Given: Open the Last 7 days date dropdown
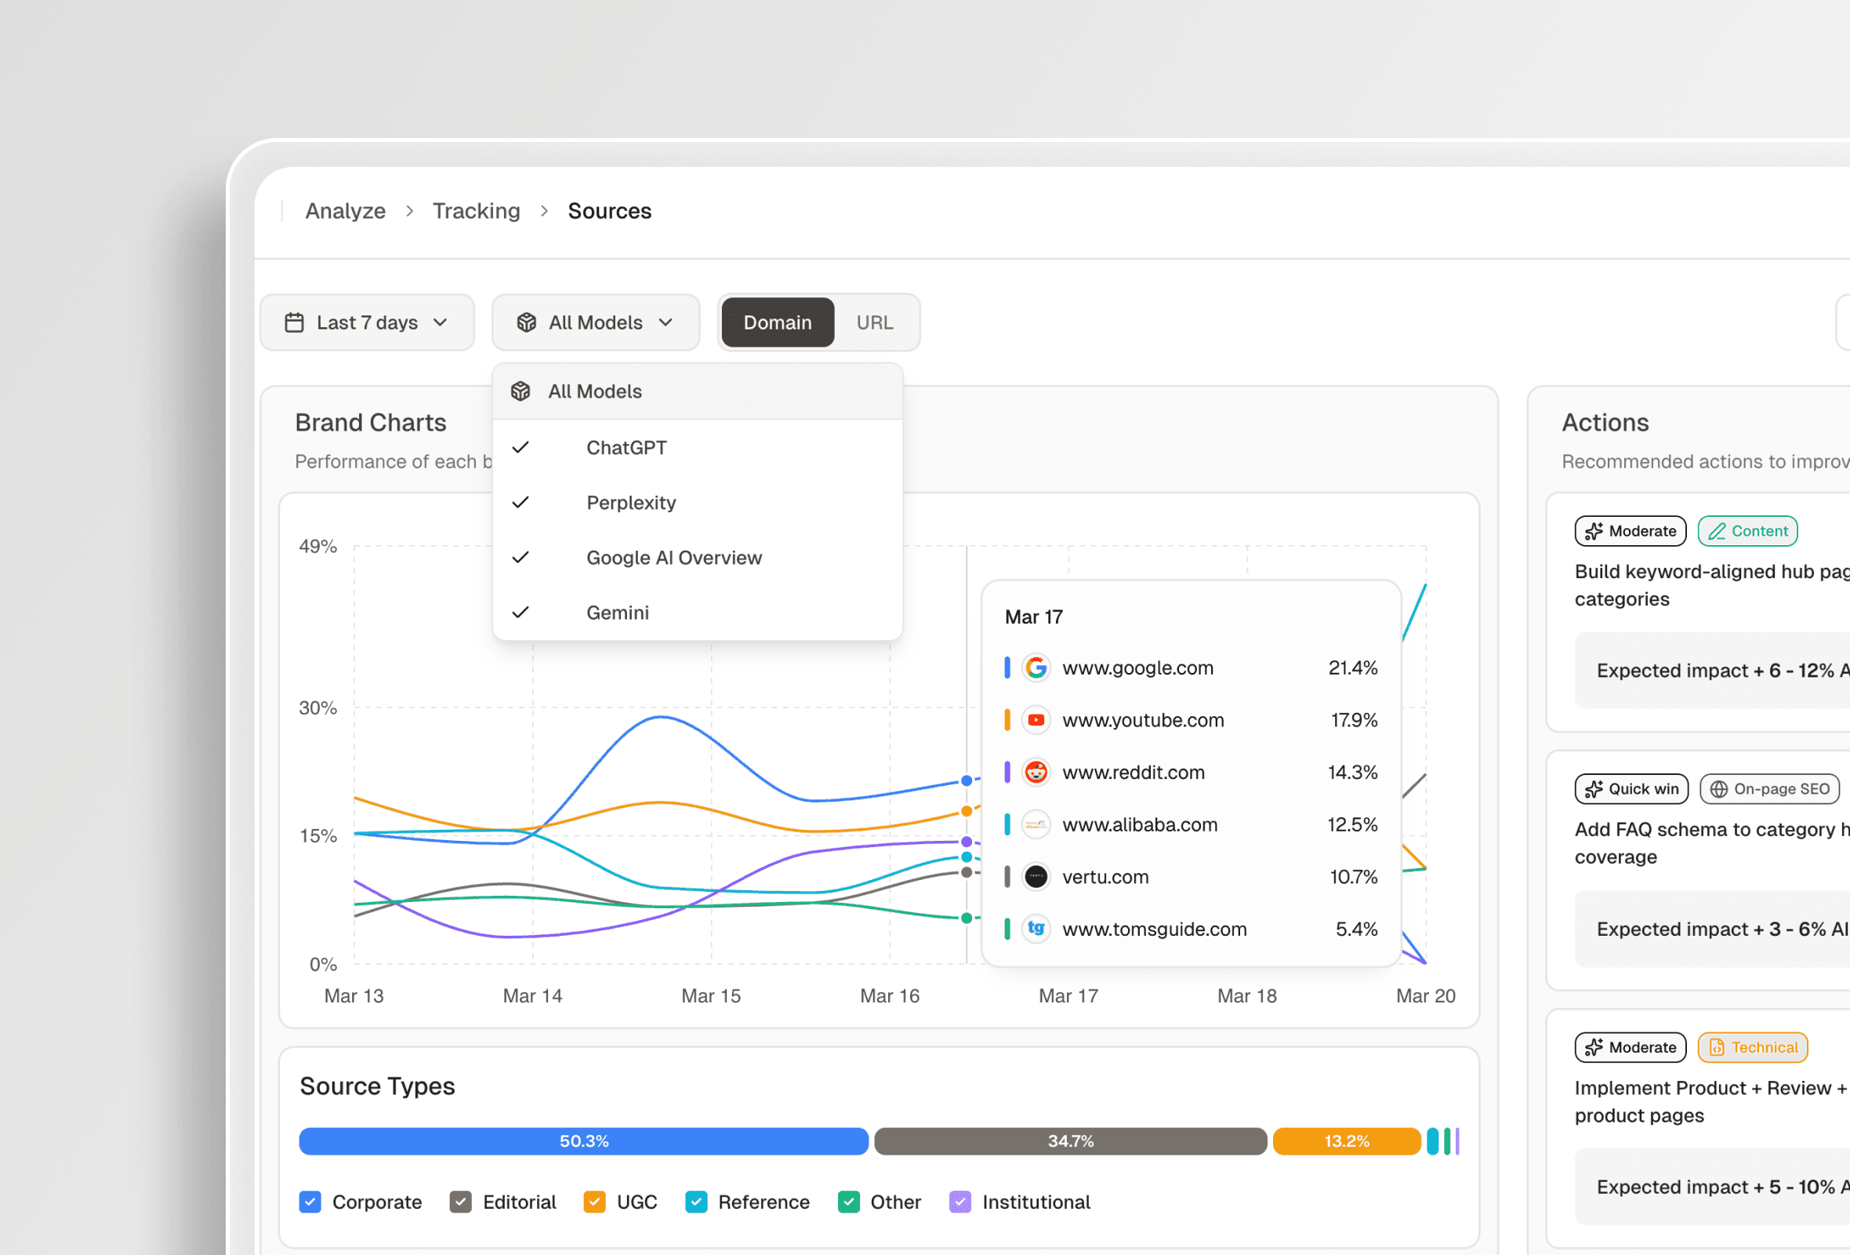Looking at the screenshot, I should pos(367,322).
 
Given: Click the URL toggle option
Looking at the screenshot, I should pos(874,322).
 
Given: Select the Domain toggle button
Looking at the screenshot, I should pos(777,322).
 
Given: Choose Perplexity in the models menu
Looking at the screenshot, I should pos(630,503).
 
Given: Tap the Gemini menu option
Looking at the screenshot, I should pos(617,613).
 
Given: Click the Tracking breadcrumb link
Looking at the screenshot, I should pos(476,211).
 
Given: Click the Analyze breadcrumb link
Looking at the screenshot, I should pos(346,211).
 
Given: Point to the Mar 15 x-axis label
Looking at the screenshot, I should pos(711,995).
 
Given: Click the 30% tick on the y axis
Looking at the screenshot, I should pos(317,708).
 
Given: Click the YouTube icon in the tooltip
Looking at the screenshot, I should pos(1036,720).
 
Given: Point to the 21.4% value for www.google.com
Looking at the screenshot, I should pos(1351,668).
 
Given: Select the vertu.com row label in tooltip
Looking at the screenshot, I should pos(1105,877).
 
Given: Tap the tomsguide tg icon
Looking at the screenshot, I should pos(1036,929).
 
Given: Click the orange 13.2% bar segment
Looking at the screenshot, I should pos(1346,1141).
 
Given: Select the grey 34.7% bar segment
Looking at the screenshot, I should pos(1070,1141).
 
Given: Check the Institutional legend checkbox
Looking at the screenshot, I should pos(960,1202).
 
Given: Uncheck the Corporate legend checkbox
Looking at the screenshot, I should pos(310,1202).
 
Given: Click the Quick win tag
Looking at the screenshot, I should pos(1631,788).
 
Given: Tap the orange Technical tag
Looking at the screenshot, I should pos(1752,1047).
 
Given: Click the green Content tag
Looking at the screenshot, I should pos(1747,531).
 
